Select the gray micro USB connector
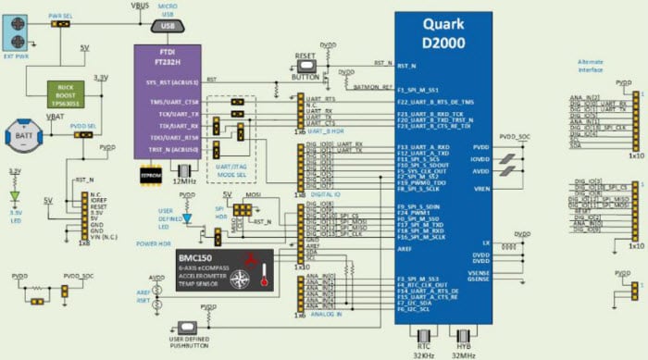pos(167,26)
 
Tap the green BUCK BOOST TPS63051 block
pos(65,92)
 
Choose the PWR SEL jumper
pos(62,23)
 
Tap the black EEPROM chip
pos(149,171)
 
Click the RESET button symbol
pos(305,65)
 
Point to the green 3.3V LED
pos(14,195)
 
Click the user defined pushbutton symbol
pos(190,329)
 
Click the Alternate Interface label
pos(595,65)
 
